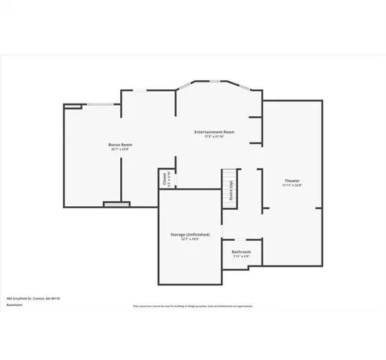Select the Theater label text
(291, 181)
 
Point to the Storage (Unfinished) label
(189, 235)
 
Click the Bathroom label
(241, 251)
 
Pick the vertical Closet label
(164, 179)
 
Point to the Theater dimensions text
(291, 186)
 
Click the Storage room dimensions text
(189, 240)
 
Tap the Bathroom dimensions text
(241, 256)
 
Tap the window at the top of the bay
(215, 81)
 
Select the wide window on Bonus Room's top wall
(100, 103)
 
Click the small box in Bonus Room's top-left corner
(71, 106)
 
